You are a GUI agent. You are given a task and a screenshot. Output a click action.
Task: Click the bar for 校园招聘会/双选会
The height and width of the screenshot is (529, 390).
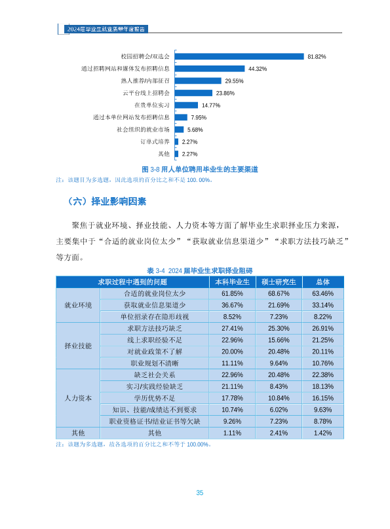tap(239, 56)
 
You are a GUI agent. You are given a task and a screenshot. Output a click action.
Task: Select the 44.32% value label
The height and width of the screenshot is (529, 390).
tap(258, 69)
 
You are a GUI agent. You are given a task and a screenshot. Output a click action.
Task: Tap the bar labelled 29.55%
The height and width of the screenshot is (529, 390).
tap(198, 81)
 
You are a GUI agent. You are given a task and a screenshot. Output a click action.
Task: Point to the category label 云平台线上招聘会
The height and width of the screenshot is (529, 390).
tap(146, 93)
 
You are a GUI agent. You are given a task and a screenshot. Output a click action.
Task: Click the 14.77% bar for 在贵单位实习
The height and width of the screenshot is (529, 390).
tap(186, 105)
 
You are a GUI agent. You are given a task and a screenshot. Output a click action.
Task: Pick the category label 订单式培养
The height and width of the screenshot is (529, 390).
tap(155, 141)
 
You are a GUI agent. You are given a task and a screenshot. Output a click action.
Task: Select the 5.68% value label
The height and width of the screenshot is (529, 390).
tap(195, 130)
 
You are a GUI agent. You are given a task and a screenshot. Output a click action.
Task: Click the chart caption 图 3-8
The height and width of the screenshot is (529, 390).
tap(199, 169)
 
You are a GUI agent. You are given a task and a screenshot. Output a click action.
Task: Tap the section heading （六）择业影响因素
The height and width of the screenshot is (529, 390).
tap(106, 202)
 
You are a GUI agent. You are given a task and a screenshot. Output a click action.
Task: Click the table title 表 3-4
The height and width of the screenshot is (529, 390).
tap(199, 270)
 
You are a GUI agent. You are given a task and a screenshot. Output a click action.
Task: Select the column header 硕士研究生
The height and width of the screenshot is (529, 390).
tap(279, 282)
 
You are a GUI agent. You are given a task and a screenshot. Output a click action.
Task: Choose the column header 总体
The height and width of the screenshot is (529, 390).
tap(322, 282)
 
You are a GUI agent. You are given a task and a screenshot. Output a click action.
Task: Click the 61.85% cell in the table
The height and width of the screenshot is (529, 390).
tap(232, 293)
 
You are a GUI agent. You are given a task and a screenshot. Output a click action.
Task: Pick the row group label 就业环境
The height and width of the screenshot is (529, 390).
tap(78, 305)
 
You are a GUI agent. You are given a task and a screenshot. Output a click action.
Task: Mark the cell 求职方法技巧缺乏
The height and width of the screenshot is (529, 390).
tap(154, 328)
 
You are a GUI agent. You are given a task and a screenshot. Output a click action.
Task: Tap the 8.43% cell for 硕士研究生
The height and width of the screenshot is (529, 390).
tap(279, 386)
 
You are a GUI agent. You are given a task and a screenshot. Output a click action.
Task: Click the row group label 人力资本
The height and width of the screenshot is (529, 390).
tap(78, 398)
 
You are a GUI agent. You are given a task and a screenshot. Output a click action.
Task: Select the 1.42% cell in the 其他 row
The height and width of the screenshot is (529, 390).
tap(322, 433)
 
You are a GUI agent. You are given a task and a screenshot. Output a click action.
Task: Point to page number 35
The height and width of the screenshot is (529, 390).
tap(199, 492)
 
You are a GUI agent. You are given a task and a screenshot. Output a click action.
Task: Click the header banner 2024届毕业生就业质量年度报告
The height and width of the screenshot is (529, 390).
tap(106, 29)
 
